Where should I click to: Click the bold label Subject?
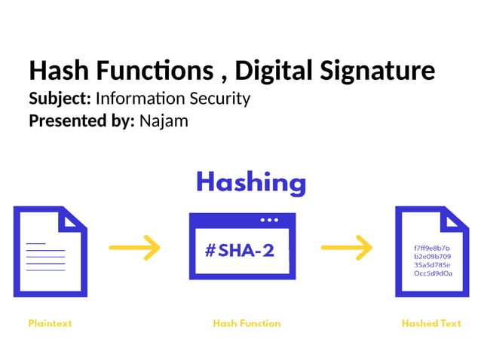tap(60, 99)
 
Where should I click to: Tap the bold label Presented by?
tap(81, 120)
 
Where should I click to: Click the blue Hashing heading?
tap(251, 182)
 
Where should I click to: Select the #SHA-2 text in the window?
tap(240, 251)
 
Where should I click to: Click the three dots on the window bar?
tap(268, 220)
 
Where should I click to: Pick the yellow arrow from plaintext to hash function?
tap(135, 246)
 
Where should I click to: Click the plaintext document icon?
tap(50, 252)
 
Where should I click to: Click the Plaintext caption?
tap(50, 323)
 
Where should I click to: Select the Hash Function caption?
tap(247, 323)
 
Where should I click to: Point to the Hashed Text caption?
tap(431, 323)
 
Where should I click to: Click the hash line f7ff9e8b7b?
tap(432, 248)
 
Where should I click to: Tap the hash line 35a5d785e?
tap(432, 265)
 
